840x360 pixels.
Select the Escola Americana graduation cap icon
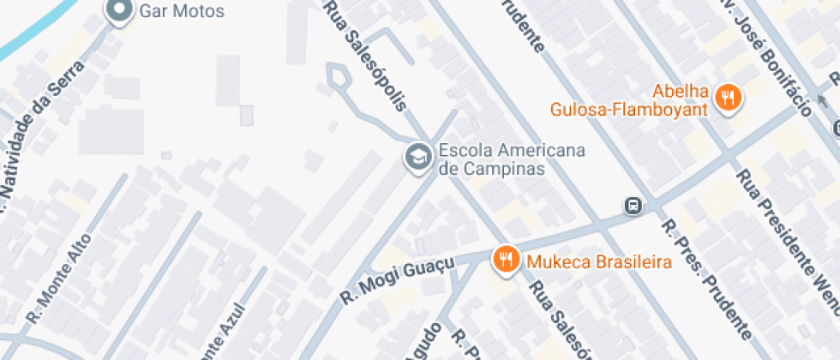[418, 156]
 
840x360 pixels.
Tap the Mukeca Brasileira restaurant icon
[506, 259]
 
